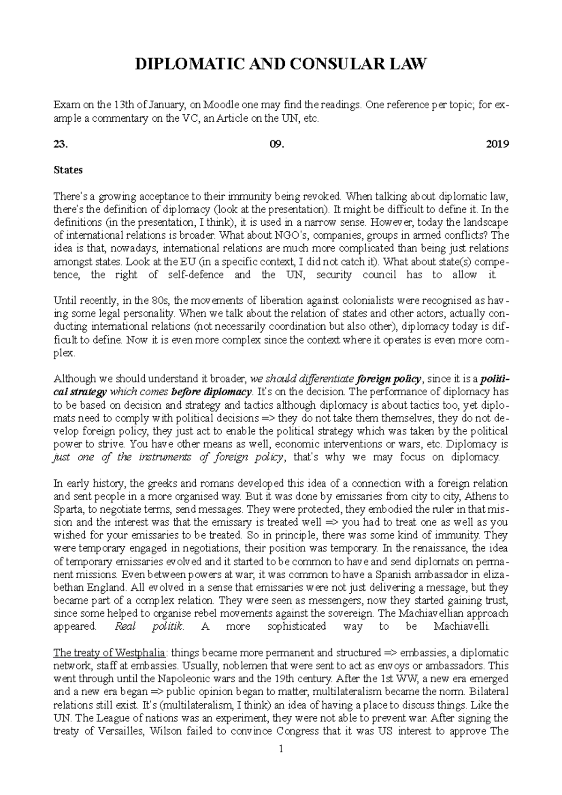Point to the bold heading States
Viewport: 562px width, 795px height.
(68, 170)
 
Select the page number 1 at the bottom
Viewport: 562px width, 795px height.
(281, 750)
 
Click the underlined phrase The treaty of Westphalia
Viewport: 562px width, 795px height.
(109, 653)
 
